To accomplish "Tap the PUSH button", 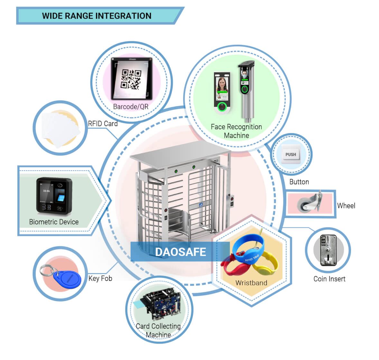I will [291, 154].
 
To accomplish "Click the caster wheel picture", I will [308, 202].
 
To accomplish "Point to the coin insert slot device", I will [327, 250].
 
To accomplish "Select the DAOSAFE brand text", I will [180, 252].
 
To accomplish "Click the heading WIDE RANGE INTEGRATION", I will [97, 16].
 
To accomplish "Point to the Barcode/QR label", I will [131, 107].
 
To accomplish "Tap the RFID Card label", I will [103, 124].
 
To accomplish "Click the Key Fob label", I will [100, 278].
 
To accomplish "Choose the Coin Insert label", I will [329, 279].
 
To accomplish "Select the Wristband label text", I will [251, 283].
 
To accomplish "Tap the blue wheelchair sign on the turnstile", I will [200, 204].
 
